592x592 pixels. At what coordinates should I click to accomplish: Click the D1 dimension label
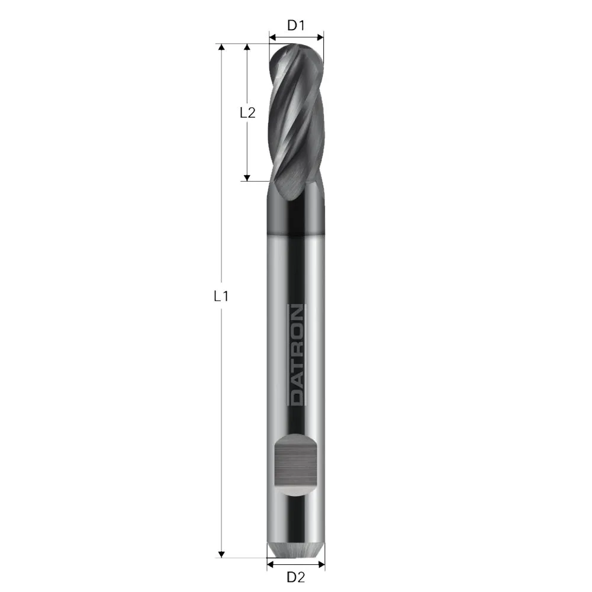[x=295, y=25]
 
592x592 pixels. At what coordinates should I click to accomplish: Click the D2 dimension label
[x=295, y=577]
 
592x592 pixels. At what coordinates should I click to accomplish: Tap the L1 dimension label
[x=221, y=297]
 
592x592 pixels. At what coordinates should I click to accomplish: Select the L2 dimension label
[x=247, y=112]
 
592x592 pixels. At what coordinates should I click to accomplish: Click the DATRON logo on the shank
[x=296, y=355]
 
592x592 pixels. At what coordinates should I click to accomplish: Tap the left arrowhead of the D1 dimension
[x=272, y=37]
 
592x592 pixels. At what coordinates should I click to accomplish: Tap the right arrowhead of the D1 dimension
[x=320, y=37]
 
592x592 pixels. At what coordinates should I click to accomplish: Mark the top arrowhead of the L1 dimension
[x=221, y=47]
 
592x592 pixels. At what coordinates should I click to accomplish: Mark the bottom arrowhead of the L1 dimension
[x=221, y=554]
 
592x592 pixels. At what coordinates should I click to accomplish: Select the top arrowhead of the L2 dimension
[x=247, y=47]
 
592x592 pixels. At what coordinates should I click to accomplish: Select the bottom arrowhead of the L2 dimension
[x=247, y=177]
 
